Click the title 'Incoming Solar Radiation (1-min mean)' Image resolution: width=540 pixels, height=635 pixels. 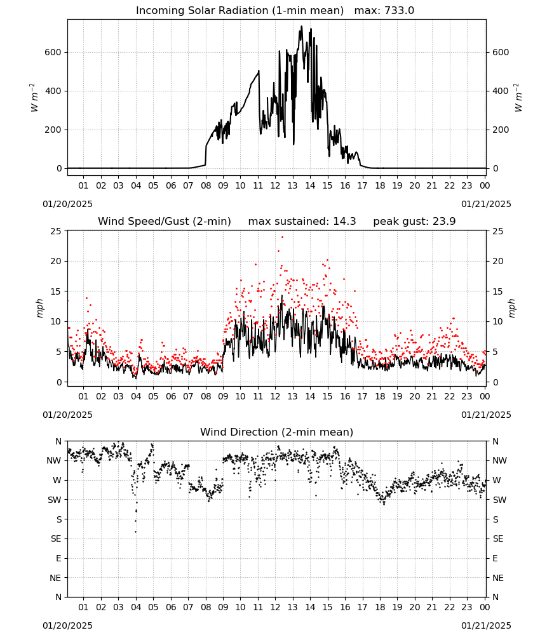pyautogui.click(x=240, y=11)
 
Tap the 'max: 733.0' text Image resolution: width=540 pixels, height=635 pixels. pyautogui.click(x=384, y=11)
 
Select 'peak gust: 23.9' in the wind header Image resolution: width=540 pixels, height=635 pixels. pyautogui.click(x=414, y=222)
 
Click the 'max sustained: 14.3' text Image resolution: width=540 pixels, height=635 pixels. pyautogui.click(x=302, y=222)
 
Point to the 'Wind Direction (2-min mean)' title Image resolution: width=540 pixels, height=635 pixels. pyautogui.click(x=277, y=432)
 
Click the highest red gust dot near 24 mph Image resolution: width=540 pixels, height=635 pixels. pyautogui.click(x=282, y=237)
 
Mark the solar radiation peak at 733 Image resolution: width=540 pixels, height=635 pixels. pyautogui.click(x=301, y=27)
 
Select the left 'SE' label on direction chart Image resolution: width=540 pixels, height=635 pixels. pyautogui.click(x=56, y=538)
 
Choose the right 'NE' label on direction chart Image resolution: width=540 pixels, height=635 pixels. pyautogui.click(x=498, y=578)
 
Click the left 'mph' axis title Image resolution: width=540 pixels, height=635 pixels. pyautogui.click(x=39, y=308)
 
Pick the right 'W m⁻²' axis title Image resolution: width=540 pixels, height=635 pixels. pyautogui.click(x=518, y=98)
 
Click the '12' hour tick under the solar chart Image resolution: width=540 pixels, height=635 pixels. pyautogui.click(x=275, y=185)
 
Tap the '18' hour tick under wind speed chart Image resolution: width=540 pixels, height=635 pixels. pyautogui.click(x=380, y=396)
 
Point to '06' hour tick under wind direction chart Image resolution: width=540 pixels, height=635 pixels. pyautogui.click(x=171, y=607)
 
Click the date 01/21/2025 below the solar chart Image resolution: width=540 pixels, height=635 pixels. pyautogui.click(x=486, y=204)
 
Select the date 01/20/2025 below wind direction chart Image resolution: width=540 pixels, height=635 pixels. pyautogui.click(x=67, y=625)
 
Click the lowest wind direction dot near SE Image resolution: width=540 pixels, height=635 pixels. pyautogui.click(x=136, y=531)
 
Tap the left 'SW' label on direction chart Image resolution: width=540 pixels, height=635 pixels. pyautogui.click(x=55, y=500)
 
